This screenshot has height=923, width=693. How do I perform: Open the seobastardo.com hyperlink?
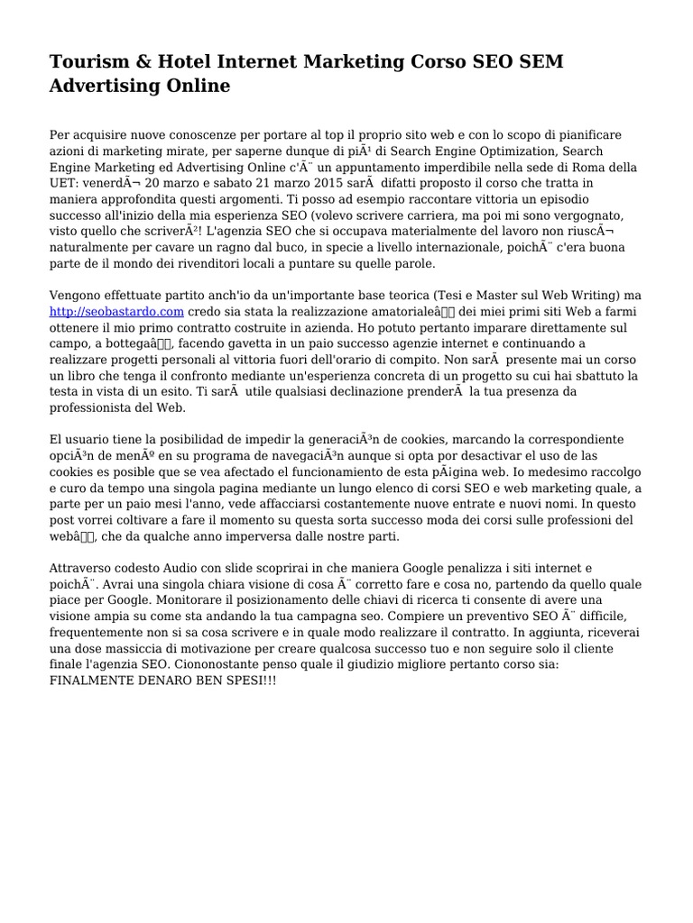coord(116,311)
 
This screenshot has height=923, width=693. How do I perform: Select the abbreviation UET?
coord(65,183)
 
